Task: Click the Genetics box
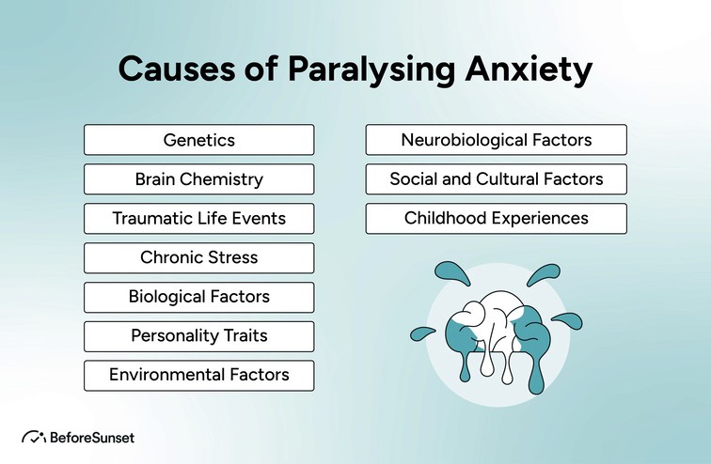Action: tap(198, 140)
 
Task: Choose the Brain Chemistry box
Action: tap(198, 178)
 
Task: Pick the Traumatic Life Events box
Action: tap(198, 218)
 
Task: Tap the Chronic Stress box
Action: tap(198, 257)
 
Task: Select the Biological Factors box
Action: tap(198, 297)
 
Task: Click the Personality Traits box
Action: tap(198, 335)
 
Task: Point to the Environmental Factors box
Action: tap(198, 375)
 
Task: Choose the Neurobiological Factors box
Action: tap(496, 140)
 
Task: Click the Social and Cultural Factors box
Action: tap(496, 178)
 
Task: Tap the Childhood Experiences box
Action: tap(496, 218)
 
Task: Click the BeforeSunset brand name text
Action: tap(93, 437)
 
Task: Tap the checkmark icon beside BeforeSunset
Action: tap(33, 437)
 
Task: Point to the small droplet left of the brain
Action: tap(420, 333)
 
